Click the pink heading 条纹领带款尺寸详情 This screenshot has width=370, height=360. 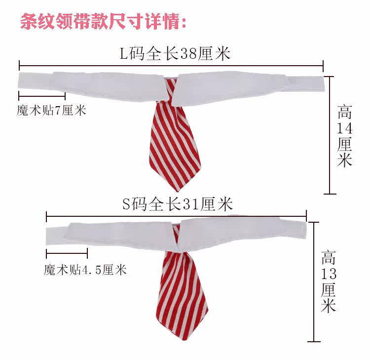tap(104, 22)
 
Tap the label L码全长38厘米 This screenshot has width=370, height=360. tap(176, 53)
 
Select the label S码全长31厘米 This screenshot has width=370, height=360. tap(178, 203)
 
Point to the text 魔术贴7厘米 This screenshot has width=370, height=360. tap(51, 110)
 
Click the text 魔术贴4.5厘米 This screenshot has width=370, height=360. tap(85, 270)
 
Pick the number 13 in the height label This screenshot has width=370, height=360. tap(328, 274)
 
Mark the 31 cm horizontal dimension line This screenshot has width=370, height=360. tap(176, 216)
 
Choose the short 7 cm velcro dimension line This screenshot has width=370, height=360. tap(42, 96)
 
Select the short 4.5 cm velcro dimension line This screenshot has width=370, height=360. tap(67, 254)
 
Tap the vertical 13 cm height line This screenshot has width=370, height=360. tap(311, 281)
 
